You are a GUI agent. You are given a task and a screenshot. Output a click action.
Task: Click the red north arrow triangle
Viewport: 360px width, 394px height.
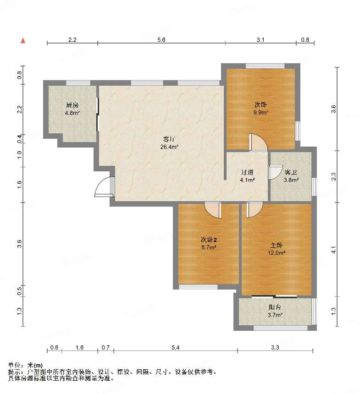pyautogui.click(x=23, y=40)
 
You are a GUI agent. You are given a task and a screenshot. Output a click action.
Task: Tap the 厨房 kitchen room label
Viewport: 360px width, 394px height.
pyautogui.click(x=72, y=105)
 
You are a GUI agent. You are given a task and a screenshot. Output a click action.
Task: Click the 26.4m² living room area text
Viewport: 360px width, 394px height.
pyautogui.click(x=169, y=147)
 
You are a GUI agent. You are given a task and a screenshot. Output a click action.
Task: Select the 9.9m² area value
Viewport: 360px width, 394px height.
pyautogui.click(x=260, y=113)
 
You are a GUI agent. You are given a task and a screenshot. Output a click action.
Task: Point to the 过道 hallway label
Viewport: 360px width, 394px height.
pyautogui.click(x=247, y=172)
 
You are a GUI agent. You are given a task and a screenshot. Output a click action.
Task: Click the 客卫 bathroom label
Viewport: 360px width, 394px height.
pyautogui.click(x=291, y=172)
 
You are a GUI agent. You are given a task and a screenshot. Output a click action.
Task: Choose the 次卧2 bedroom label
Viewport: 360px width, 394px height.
pyautogui.click(x=209, y=240)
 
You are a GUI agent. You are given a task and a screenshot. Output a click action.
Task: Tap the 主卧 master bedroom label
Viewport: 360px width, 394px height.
pyautogui.click(x=276, y=245)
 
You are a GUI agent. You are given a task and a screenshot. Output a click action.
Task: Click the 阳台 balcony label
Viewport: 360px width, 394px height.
pyautogui.click(x=275, y=307)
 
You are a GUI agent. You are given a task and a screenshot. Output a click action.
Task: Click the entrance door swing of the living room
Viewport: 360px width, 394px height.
pyautogui.click(x=105, y=187)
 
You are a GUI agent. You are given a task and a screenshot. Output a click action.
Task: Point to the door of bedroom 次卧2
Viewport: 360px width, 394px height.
pyautogui.click(x=213, y=210)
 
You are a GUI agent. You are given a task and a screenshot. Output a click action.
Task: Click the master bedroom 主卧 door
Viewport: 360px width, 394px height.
pyautogui.click(x=255, y=209)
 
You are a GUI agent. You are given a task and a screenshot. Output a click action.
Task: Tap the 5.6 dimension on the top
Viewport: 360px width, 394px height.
pyautogui.click(x=161, y=40)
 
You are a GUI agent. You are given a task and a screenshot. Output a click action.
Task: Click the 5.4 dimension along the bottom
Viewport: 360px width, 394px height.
pyautogui.click(x=176, y=348)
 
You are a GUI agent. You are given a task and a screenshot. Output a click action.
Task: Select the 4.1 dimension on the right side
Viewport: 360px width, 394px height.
pyautogui.click(x=333, y=250)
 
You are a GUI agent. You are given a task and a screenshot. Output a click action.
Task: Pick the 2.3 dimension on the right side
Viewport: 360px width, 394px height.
pyautogui.click(x=333, y=176)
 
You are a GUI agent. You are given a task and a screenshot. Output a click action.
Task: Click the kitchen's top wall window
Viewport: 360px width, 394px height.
pyautogui.click(x=78, y=83)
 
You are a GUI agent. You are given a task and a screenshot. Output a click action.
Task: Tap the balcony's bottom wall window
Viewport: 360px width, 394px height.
pyautogui.click(x=281, y=328)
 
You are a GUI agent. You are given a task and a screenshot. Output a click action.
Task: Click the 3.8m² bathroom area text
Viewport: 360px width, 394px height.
pyautogui.click(x=291, y=180)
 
